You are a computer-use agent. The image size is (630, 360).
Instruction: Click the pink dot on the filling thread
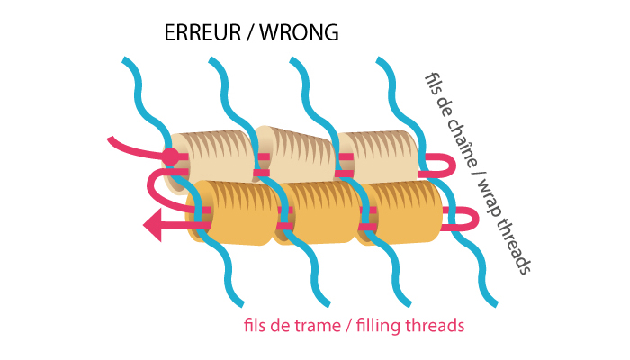point(170,157)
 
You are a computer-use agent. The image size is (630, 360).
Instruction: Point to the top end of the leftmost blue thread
point(127,62)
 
